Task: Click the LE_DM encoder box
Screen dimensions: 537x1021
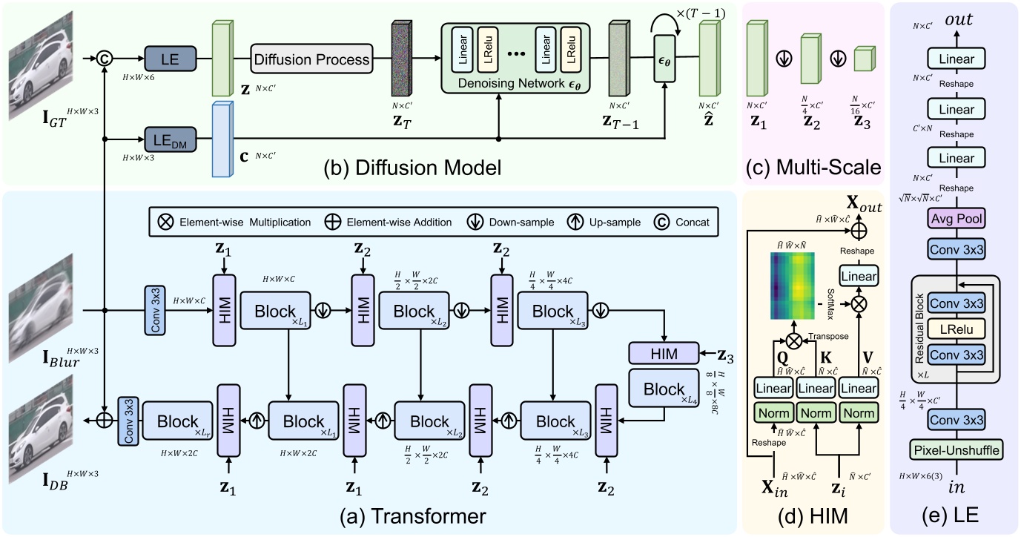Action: point(170,139)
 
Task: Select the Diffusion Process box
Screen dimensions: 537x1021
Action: point(311,59)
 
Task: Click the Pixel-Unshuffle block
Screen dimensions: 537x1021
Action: point(956,449)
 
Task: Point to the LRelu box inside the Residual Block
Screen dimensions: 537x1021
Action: point(956,327)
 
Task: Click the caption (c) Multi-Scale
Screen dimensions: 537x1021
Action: point(813,168)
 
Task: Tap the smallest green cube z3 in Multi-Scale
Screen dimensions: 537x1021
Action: point(862,59)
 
